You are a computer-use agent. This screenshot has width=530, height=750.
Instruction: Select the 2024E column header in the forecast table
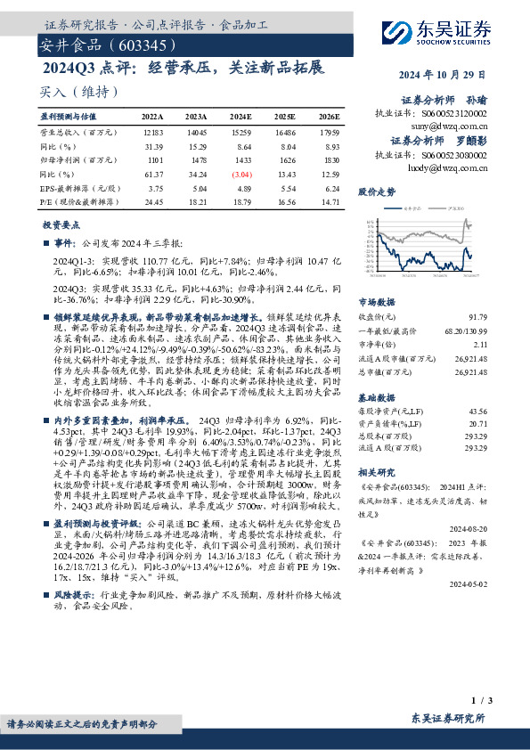241,117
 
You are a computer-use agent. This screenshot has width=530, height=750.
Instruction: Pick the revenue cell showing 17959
329,131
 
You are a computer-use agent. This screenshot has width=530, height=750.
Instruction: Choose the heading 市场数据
377,301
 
